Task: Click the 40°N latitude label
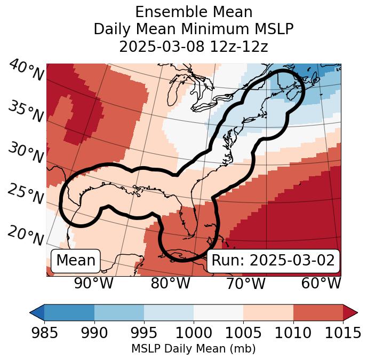[26, 71]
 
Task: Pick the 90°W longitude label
[93, 284]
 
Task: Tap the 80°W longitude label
[170, 284]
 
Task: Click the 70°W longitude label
[245, 284]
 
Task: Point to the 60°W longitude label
[321, 284]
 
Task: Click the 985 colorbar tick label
[44, 333]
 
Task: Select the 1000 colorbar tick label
[194, 333]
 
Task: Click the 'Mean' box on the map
[76, 261]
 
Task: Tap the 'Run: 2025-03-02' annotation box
[273, 261]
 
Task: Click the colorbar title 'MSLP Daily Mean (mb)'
[193, 349]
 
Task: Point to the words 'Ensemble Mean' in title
[194, 12]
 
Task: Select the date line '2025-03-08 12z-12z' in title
[194, 46]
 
